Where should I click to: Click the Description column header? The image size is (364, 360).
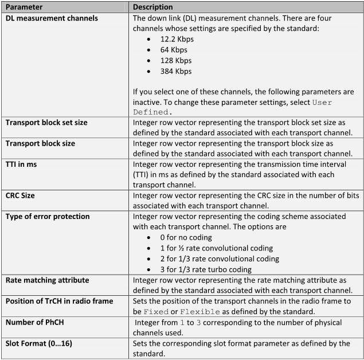[x=153, y=7]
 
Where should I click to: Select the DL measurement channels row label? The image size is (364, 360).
[x=52, y=18]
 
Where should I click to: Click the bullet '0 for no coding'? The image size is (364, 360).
[x=190, y=237]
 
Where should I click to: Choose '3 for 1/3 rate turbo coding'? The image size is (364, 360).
[x=206, y=269]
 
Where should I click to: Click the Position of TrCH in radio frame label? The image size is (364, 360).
[x=60, y=301]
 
